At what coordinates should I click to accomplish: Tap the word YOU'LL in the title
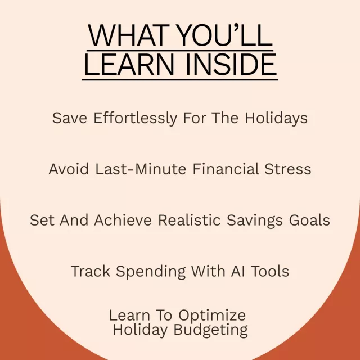[225, 35]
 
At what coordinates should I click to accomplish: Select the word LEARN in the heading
[129, 64]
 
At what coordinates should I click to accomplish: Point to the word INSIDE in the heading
[231, 64]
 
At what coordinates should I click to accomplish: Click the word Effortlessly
[136, 118]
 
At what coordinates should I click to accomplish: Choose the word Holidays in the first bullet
[276, 118]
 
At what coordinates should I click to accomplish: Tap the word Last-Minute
[141, 169]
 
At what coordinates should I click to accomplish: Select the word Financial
[226, 169]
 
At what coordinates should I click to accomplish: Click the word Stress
[288, 169]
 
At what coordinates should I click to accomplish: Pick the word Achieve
[123, 220]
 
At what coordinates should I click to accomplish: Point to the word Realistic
[190, 220]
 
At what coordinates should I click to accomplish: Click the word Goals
[309, 220]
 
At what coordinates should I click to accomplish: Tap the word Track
[91, 271]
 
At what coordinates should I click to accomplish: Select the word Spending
[151, 272]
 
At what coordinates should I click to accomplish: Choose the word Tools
[270, 271]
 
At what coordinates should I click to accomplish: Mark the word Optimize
[212, 316]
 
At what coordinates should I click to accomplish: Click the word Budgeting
[210, 330]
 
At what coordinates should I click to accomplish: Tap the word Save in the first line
[70, 118]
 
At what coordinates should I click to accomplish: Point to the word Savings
[255, 220]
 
